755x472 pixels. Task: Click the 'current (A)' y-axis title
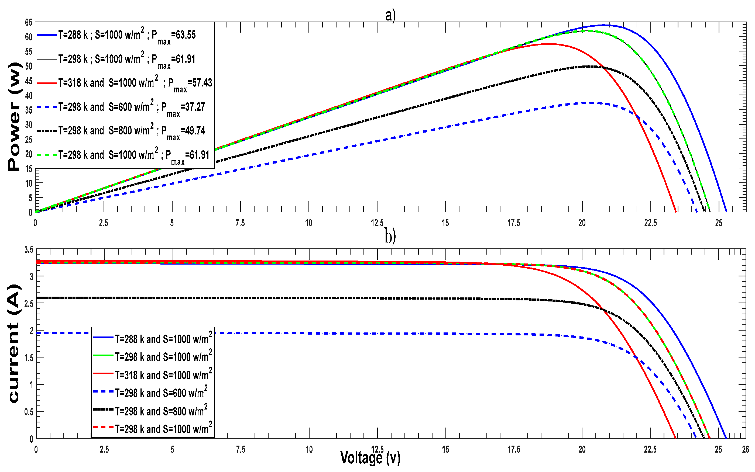coord(14,343)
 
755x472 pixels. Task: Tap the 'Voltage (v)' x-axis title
coord(370,458)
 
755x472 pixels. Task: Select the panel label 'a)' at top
coord(390,15)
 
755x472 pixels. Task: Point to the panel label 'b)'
coord(390,236)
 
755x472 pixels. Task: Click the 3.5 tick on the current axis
coord(29,250)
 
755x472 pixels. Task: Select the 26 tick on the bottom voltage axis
coord(745,450)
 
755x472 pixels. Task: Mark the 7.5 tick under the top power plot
coord(240,223)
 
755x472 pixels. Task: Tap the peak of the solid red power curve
coord(548,44)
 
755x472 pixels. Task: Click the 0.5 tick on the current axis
coord(29,412)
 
